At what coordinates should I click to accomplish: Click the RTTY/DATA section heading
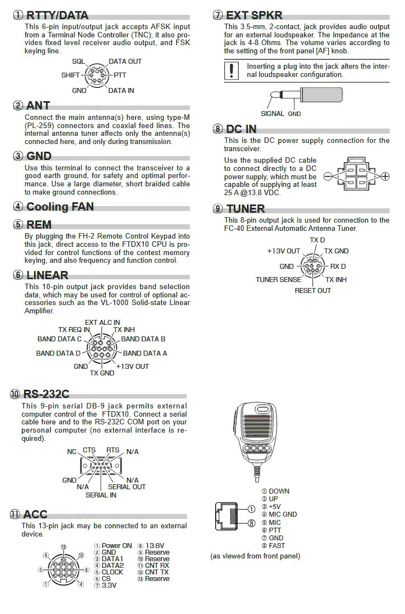pyautogui.click(x=58, y=15)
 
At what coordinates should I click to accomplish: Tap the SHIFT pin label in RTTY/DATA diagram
pyautogui.click(x=71, y=74)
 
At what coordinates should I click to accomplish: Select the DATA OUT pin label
pyautogui.click(x=125, y=62)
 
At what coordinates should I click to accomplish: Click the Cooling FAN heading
pyautogui.click(x=60, y=207)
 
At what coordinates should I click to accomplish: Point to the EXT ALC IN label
pyautogui.click(x=102, y=322)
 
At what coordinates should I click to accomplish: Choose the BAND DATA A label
pyautogui.click(x=145, y=353)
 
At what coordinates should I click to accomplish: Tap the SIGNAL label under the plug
pyautogui.click(x=272, y=114)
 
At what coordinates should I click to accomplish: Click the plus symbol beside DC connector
pyautogui.click(x=385, y=176)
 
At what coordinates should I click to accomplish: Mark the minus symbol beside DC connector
pyautogui.click(x=328, y=176)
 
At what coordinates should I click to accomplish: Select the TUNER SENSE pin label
pyautogui.click(x=278, y=280)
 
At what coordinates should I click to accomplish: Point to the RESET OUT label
pyautogui.click(x=313, y=291)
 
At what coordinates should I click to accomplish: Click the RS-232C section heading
pyautogui.click(x=46, y=394)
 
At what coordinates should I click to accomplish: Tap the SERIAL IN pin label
pyautogui.click(x=100, y=495)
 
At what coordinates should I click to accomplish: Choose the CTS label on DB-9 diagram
pyautogui.click(x=89, y=450)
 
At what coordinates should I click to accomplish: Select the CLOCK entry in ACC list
pyautogui.click(x=113, y=572)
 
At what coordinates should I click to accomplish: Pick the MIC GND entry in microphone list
pyautogui.click(x=283, y=515)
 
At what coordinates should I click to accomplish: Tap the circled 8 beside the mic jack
pyautogui.click(x=251, y=523)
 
